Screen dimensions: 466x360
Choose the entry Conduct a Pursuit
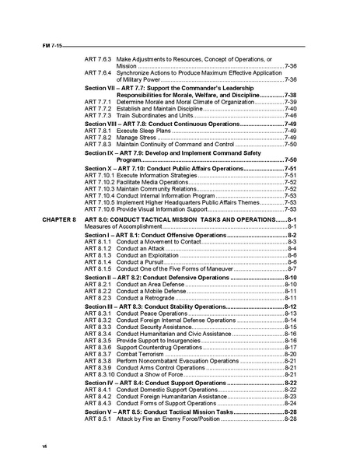pos(145,262)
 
